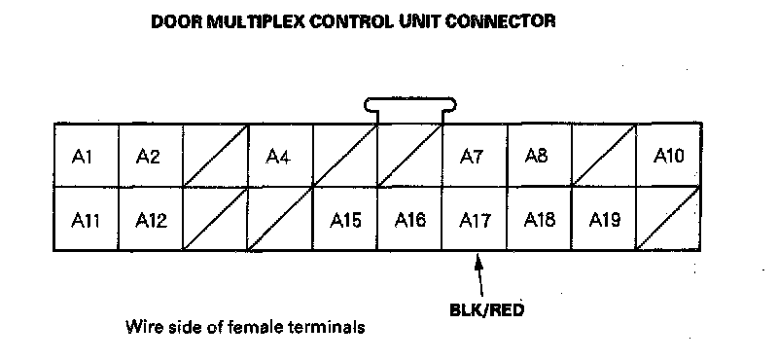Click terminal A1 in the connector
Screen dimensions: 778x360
87,155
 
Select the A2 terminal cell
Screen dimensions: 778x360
151,155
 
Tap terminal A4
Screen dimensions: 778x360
280,155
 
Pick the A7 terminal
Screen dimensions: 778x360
475,155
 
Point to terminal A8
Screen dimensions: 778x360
539,155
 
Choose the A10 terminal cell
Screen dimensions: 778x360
668,155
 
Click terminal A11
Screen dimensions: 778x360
87,219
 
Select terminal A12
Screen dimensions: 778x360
151,219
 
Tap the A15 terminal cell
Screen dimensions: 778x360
345,219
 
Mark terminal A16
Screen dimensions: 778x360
409,219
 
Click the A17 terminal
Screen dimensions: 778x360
475,219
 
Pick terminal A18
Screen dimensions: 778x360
539,219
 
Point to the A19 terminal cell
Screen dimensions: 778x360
604,219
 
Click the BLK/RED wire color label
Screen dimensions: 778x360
487,310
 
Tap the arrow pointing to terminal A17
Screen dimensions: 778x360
479,275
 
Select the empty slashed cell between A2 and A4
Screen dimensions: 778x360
216,155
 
